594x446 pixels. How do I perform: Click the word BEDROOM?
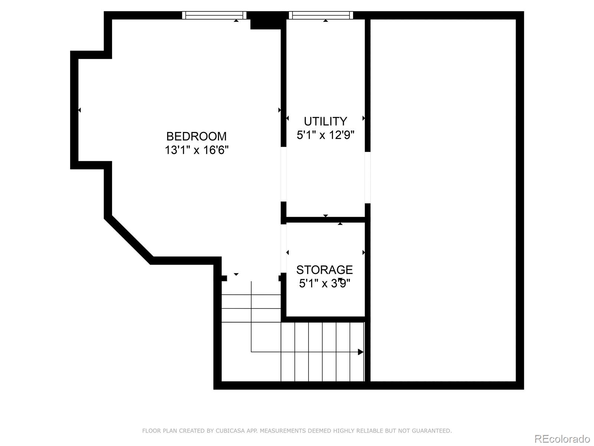point(196,136)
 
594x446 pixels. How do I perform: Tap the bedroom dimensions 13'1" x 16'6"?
point(196,150)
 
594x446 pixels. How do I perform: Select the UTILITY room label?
point(325,121)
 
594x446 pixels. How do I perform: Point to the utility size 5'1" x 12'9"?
point(325,135)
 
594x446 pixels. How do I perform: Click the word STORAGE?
point(324,269)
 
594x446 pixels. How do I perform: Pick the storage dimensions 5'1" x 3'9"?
point(324,284)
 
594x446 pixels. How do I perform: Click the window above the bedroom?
point(214,15)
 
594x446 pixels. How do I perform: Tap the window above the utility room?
point(321,15)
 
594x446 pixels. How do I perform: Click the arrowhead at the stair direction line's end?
point(360,352)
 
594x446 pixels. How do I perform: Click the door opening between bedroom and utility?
point(284,174)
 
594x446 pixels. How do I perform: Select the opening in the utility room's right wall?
point(368,177)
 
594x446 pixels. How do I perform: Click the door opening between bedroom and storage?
point(284,248)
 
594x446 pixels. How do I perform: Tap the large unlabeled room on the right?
point(443,201)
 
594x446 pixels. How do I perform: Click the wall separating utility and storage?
point(325,220)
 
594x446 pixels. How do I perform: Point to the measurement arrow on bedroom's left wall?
point(79,110)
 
